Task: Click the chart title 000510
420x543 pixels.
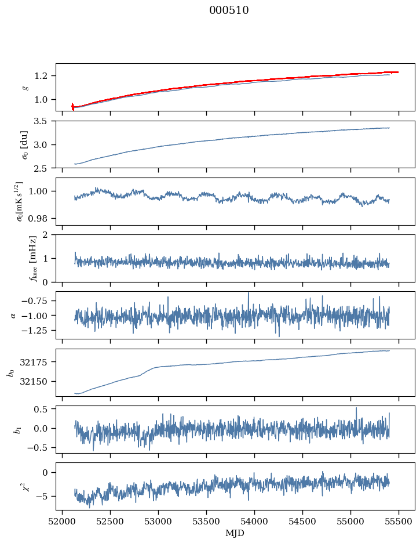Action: tap(229, 10)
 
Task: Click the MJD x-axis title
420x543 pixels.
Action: tap(235, 533)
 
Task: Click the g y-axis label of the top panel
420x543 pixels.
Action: tap(25, 87)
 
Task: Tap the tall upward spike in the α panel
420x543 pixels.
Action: tap(249, 294)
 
